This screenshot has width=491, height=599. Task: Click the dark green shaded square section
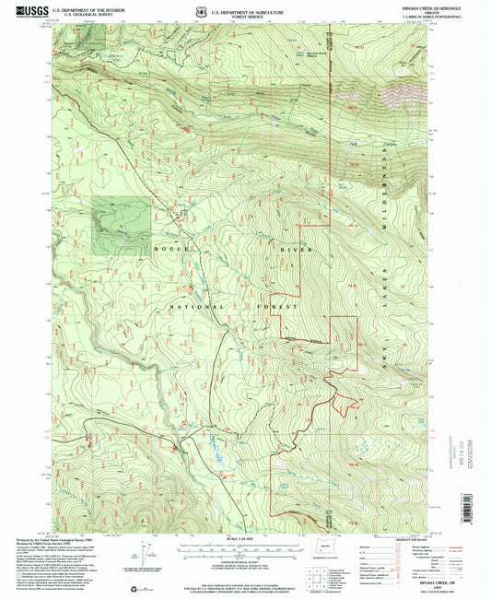[x=121, y=224]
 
